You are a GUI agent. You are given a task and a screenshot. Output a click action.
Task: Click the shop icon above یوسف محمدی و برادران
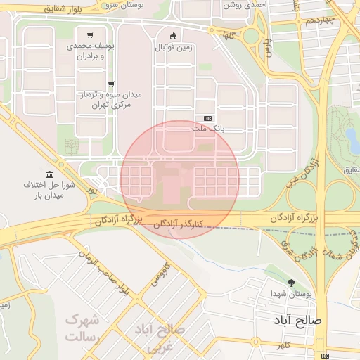pyautogui.click(x=90, y=34)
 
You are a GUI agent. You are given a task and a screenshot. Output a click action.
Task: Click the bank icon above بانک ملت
pyautogui.click(x=207, y=118)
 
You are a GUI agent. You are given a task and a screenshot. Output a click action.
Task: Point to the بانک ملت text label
pyautogui.click(x=207, y=129)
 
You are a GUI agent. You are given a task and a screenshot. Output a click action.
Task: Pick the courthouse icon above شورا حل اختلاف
pyautogui.click(x=49, y=174)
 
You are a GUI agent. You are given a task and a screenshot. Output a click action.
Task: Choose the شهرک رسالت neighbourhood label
pyautogui.click(x=82, y=328)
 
